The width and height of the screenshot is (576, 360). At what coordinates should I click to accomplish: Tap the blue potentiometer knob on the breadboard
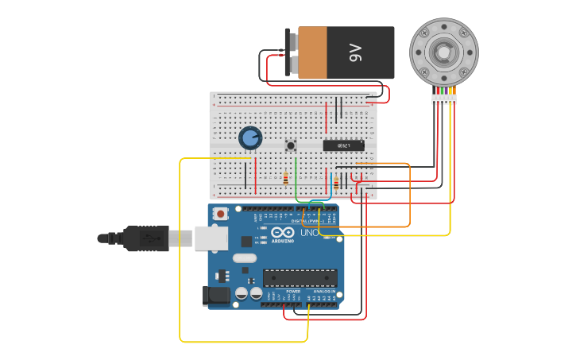tap(250, 138)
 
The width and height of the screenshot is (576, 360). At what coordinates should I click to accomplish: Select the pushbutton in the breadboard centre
tap(291, 145)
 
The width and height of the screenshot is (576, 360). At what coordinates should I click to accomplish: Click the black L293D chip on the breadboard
tap(343, 145)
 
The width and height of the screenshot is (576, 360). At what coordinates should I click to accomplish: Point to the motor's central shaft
tap(443, 52)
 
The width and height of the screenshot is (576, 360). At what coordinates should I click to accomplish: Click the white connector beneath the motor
tap(443, 99)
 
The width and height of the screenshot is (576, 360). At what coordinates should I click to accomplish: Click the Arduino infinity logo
tap(283, 234)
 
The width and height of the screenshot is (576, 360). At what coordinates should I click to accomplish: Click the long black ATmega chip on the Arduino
tap(300, 277)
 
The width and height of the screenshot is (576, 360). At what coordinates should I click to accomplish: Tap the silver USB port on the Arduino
tap(211, 237)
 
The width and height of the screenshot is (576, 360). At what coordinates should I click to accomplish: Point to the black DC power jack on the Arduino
tap(216, 296)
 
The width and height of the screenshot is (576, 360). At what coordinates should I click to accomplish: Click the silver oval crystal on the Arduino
tap(245, 257)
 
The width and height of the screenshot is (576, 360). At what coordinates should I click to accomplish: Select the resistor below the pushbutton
tap(285, 179)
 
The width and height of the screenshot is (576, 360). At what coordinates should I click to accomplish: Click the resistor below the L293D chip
tap(336, 183)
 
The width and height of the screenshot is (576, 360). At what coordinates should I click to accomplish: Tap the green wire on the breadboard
tap(296, 176)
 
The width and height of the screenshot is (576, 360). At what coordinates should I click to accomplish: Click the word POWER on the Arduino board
tap(293, 292)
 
